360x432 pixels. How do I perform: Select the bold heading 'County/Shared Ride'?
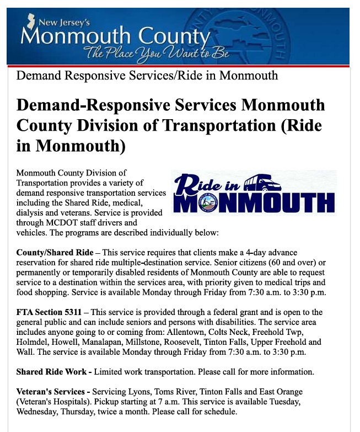(x=55, y=252)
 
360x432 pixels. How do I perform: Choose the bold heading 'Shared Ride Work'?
(x=53, y=371)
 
